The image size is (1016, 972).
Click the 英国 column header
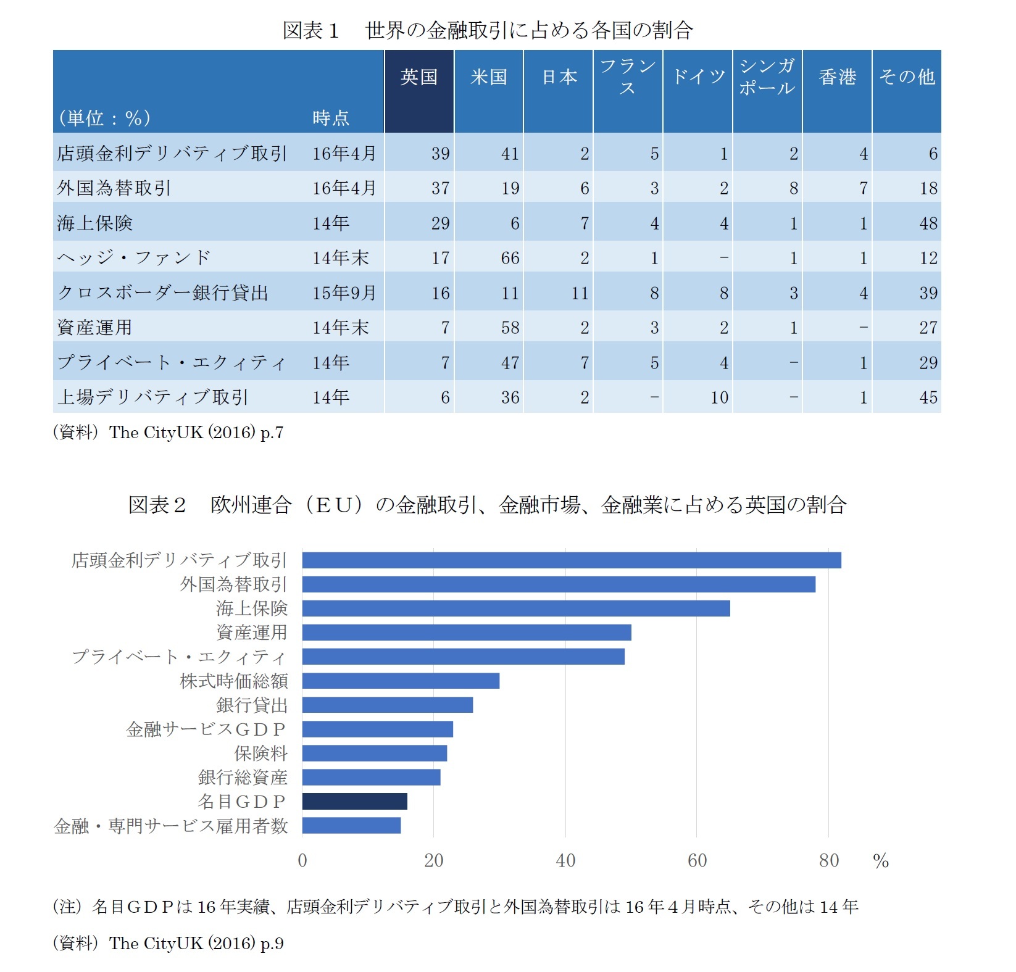click(418, 77)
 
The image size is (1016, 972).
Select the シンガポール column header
click(767, 77)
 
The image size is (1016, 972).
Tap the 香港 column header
click(837, 77)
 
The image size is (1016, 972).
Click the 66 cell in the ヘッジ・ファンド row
click(509, 258)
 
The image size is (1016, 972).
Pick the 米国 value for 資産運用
click(509, 328)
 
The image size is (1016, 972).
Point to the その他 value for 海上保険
click(928, 223)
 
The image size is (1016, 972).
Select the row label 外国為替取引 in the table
click(114, 188)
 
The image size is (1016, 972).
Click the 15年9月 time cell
click(344, 293)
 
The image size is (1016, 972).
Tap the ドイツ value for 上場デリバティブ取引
click(719, 397)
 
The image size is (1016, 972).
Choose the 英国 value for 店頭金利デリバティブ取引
click(440, 154)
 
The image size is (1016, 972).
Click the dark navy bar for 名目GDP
click(355, 801)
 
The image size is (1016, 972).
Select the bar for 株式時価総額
click(401, 681)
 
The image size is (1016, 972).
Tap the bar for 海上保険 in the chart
click(516, 608)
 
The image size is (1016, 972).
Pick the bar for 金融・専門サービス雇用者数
click(351, 825)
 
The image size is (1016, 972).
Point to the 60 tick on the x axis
click(697, 860)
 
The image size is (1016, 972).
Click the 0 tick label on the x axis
click(302, 860)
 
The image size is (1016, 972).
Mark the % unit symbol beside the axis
click(881, 861)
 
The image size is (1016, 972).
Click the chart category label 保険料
click(261, 753)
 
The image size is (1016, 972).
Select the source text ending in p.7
click(168, 433)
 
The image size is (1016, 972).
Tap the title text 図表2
click(157, 505)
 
